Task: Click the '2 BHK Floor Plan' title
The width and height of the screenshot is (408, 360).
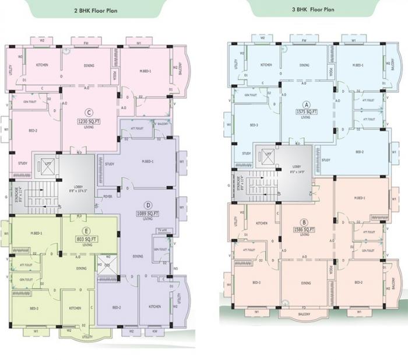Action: click(93, 11)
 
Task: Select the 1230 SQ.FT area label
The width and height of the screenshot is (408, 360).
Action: click(89, 121)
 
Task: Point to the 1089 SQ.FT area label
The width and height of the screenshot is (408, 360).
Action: click(147, 214)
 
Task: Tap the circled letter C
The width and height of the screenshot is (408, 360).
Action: click(89, 113)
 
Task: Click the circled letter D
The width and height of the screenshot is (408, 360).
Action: click(148, 205)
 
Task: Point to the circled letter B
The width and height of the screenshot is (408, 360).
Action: click(304, 221)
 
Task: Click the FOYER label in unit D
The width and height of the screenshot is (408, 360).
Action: click(108, 197)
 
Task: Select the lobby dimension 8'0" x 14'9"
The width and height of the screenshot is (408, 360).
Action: click(298, 172)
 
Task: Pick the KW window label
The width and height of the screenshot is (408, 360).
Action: click(155, 331)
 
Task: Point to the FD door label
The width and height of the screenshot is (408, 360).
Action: click(304, 307)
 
